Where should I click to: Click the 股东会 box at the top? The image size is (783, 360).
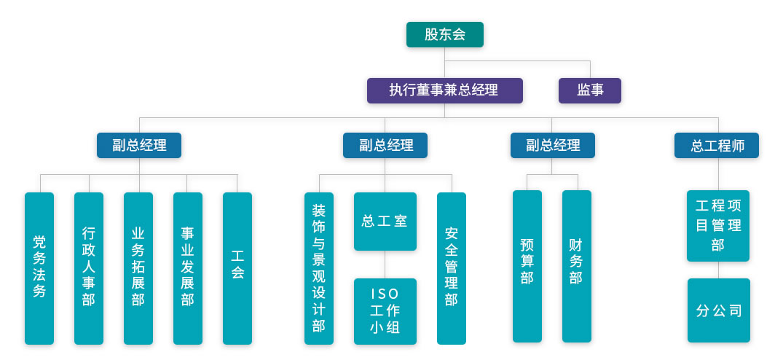coord(444,34)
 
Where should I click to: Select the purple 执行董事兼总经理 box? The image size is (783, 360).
coord(444,90)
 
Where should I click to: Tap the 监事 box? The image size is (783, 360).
coord(589,90)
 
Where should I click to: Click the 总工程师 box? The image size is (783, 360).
coord(717,145)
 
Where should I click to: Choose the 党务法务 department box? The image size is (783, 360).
coord(39,267)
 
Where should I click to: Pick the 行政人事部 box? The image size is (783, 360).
coord(89,267)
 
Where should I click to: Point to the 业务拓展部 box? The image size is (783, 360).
coord(138,267)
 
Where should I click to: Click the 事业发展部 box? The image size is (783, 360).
coord(187,267)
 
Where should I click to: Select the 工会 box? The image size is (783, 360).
coord(237,267)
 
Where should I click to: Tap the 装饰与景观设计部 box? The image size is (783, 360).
coord(319,267)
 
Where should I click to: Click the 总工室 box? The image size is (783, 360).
coord(385,222)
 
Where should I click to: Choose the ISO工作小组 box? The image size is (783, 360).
coord(385,311)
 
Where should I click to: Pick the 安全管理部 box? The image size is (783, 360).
coord(451,267)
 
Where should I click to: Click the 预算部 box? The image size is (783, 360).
coord(527,266)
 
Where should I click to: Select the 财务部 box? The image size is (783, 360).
coord(576,266)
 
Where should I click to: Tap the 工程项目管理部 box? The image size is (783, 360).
coord(717,225)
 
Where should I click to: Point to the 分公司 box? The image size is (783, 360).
coord(718,310)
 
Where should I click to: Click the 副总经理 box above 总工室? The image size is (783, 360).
coord(385,145)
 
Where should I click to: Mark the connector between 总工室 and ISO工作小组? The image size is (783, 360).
coord(385,265)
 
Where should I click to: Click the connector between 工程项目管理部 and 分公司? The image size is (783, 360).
coord(718,270)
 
